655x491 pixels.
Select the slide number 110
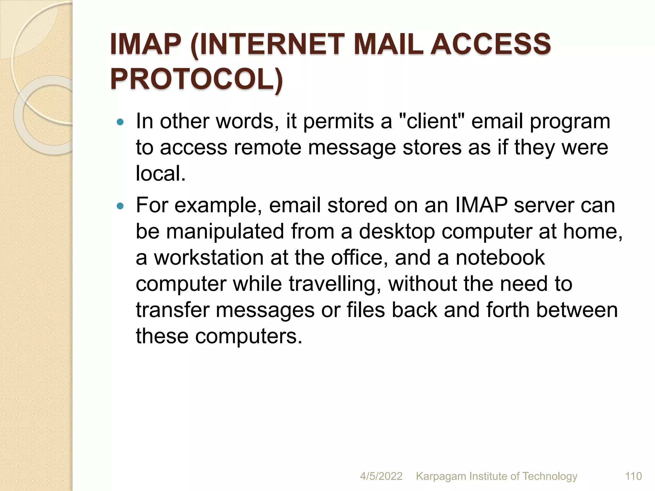(633, 476)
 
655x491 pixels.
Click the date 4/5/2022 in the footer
(381, 476)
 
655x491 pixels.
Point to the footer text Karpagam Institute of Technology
(497, 476)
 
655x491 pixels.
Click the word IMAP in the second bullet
(481, 205)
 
